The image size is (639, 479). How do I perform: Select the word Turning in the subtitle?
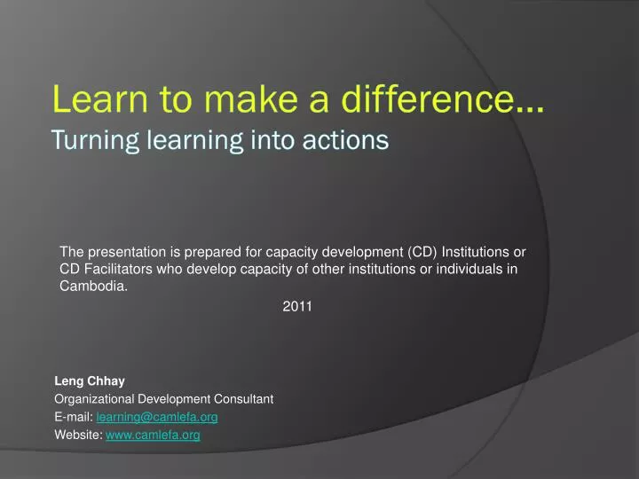(87, 140)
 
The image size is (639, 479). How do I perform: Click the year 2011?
(296, 306)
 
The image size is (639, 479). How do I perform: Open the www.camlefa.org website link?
(153, 435)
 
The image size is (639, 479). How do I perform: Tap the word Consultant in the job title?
(241, 399)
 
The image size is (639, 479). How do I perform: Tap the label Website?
(78, 435)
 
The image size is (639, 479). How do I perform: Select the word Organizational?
(96, 399)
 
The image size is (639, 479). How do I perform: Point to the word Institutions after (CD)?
(477, 251)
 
